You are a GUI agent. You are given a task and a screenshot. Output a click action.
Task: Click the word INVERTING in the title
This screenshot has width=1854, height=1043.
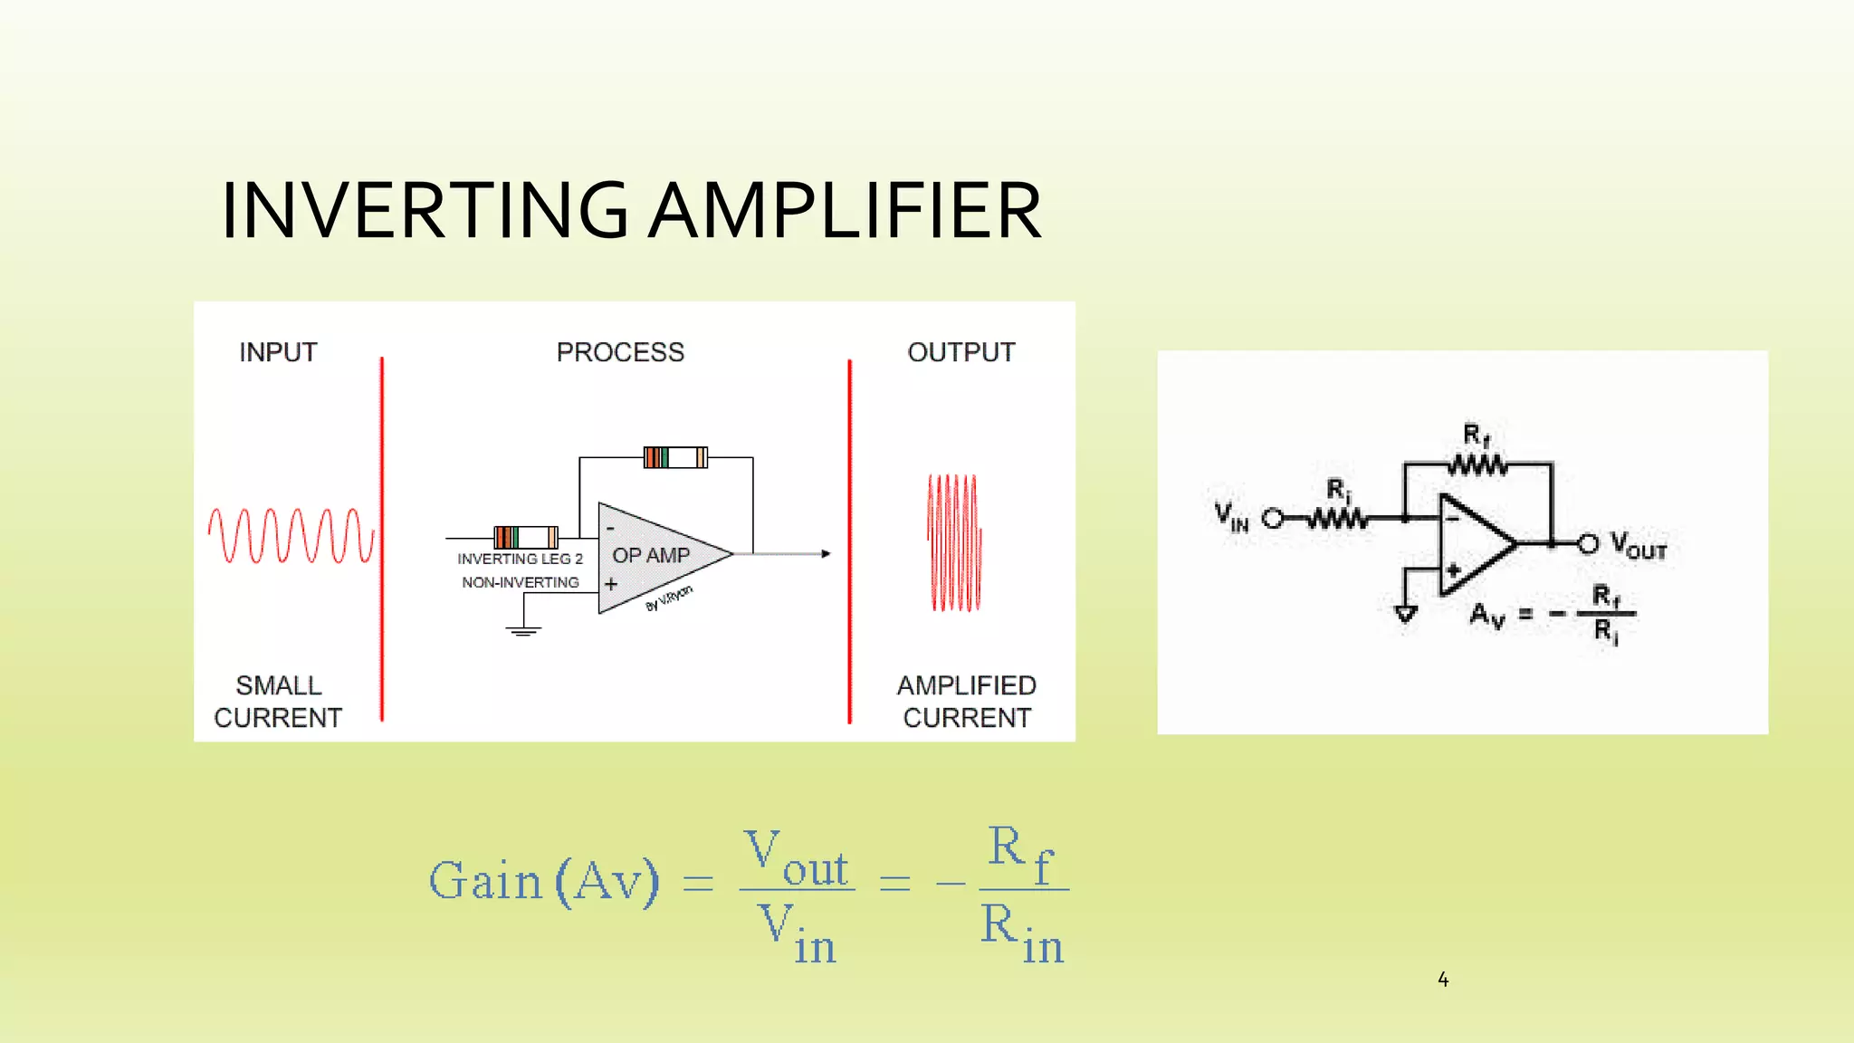[424, 210]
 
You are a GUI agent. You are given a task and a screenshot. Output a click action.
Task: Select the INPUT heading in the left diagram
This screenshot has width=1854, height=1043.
[278, 352]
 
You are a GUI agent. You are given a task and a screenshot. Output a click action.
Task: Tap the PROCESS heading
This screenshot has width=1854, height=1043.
[620, 352]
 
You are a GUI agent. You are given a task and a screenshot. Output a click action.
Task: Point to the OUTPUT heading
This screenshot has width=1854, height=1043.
[961, 352]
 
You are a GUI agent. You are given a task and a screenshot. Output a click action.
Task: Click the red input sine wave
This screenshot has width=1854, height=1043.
[290, 536]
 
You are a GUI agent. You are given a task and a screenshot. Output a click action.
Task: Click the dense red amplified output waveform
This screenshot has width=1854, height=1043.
[954, 542]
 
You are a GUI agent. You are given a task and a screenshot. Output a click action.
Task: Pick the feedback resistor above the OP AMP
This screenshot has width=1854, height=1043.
[675, 457]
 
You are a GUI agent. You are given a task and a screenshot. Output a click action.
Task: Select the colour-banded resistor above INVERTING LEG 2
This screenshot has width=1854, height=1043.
[525, 537]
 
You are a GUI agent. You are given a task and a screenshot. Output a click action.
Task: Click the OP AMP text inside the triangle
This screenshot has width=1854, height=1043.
[651, 555]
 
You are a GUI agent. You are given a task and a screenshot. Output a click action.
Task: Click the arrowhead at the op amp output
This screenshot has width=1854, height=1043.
[826, 553]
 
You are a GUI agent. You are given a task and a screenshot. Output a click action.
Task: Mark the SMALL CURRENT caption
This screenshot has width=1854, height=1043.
[278, 702]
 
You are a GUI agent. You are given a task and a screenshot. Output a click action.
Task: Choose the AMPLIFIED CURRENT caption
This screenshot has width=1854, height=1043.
[966, 702]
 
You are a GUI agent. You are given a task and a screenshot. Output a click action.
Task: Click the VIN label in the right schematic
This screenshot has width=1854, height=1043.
[1231, 517]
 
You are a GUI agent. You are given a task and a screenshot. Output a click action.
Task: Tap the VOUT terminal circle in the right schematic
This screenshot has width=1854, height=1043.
[1588, 544]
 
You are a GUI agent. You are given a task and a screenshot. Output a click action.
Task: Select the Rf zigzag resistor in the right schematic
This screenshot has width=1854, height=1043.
[1477, 465]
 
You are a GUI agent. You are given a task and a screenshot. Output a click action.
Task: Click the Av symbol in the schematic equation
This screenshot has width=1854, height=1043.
[1486, 616]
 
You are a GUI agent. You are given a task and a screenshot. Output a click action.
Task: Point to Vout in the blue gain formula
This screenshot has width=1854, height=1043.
[796, 858]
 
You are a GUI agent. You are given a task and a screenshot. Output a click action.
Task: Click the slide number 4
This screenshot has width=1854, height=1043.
[1443, 980]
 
